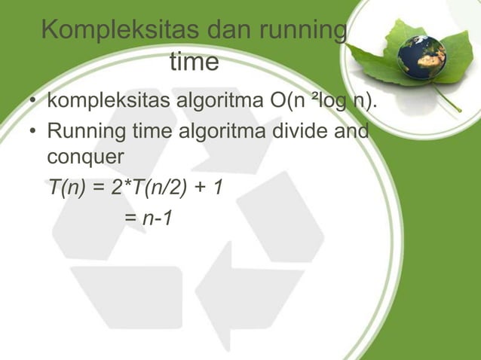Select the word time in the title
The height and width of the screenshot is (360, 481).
point(194,62)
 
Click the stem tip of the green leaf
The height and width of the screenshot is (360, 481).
point(459,111)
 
